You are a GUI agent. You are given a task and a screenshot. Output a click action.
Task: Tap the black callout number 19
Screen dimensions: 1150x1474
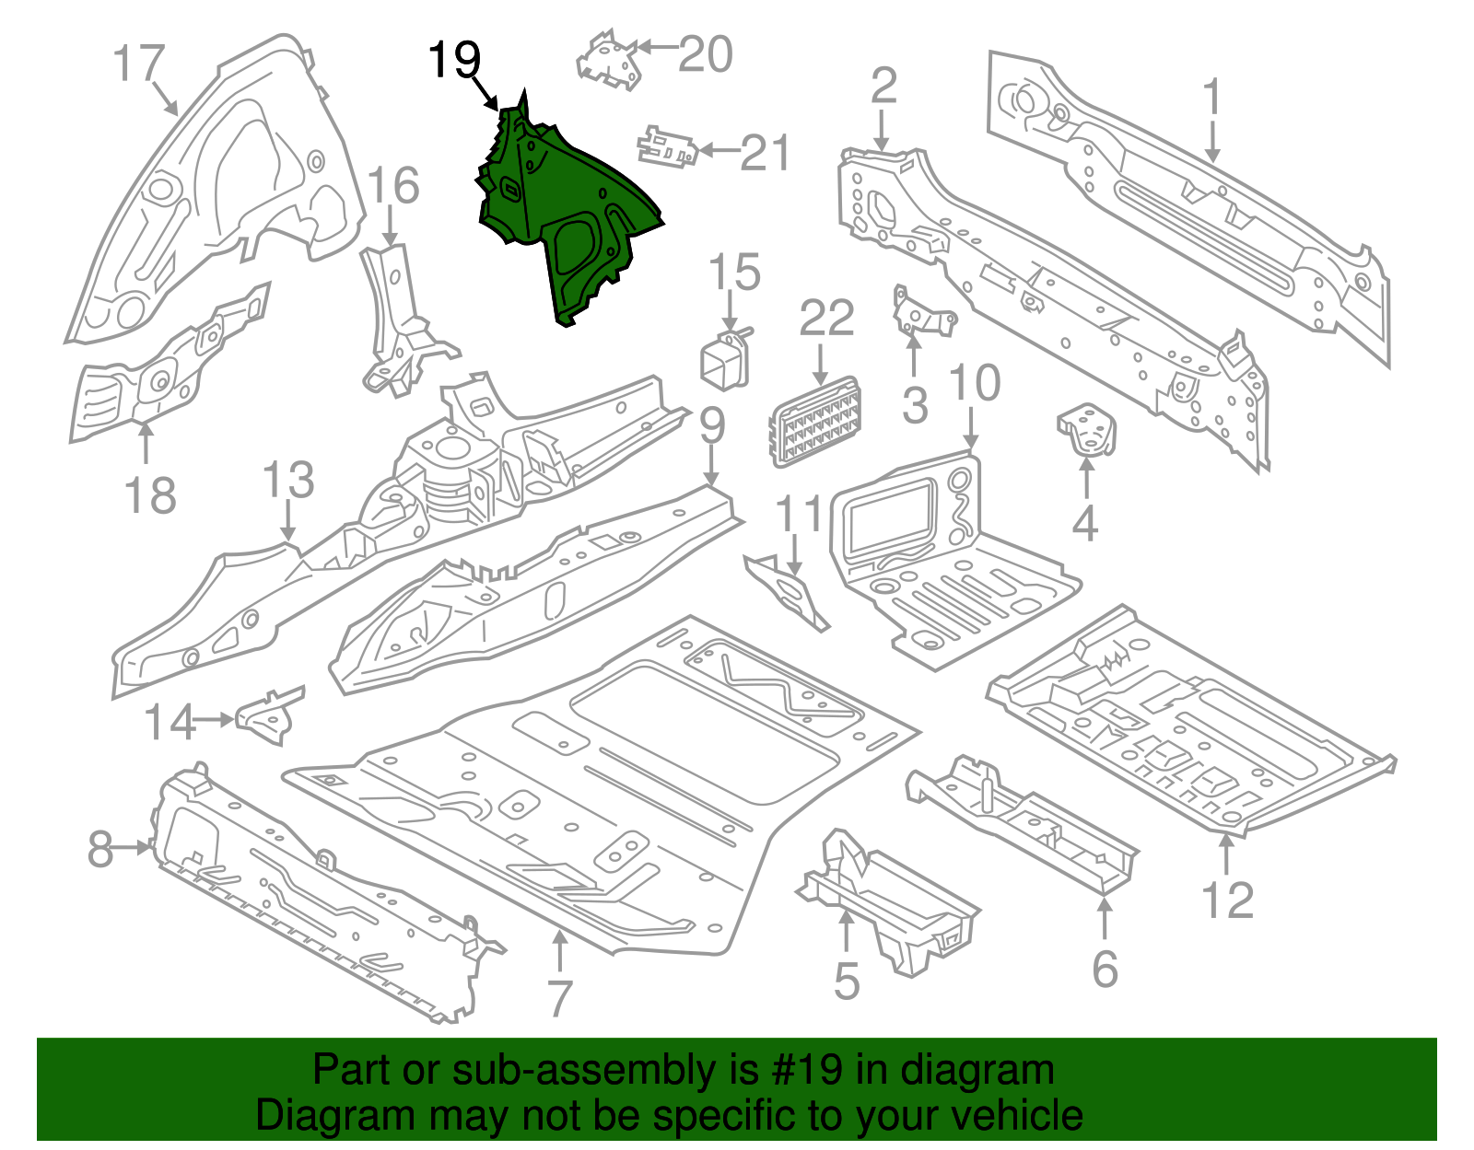point(455,61)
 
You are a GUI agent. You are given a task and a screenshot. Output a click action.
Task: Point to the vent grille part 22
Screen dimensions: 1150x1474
point(816,422)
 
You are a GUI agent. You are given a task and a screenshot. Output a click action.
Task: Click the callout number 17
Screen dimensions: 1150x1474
point(138,64)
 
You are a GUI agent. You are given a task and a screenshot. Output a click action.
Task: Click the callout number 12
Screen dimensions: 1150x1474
point(1227,900)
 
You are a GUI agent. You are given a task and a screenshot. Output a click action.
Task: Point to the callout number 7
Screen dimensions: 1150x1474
point(559,998)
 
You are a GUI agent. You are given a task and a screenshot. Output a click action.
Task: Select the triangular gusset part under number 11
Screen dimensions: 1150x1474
point(788,594)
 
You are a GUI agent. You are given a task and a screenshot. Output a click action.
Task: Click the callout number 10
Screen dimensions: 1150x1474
point(974,383)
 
